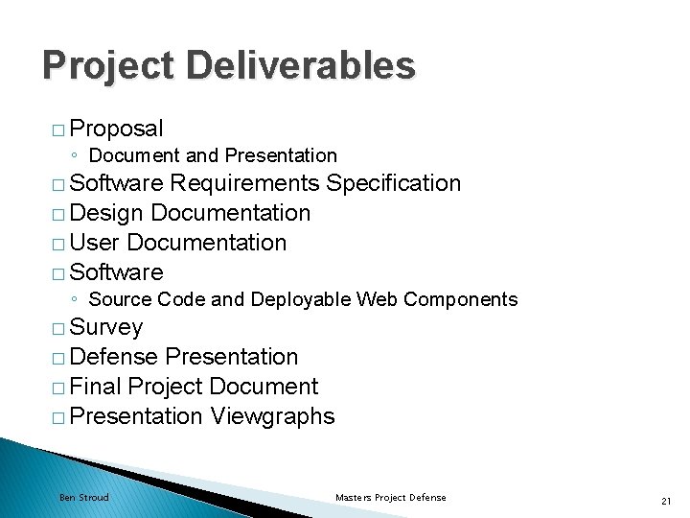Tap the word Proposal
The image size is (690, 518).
coord(117,128)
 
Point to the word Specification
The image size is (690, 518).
coord(394,183)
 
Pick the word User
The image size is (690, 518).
coord(94,243)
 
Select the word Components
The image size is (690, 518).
coord(460,299)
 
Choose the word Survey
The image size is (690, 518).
coord(106,328)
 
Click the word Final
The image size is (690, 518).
coord(96,387)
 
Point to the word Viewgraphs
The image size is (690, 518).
coord(272,416)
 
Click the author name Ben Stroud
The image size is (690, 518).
coord(84,498)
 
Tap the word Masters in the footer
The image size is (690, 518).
coord(355,498)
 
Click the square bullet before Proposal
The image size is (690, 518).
coord(59,129)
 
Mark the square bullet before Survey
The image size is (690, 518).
coord(59,328)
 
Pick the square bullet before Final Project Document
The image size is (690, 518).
coord(59,388)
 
